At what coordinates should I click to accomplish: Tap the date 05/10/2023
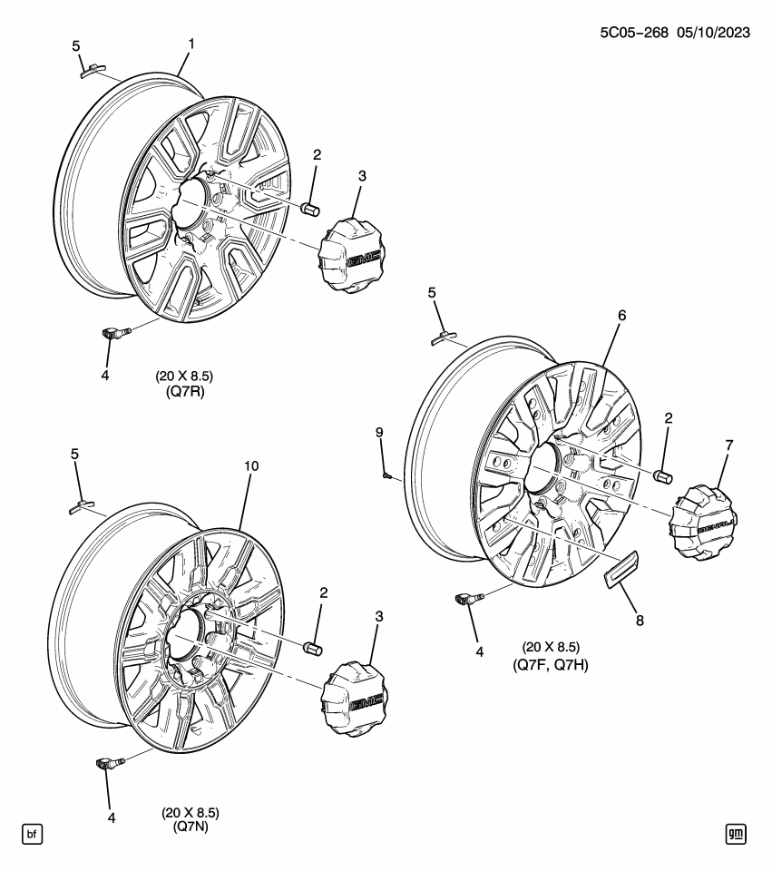click(716, 34)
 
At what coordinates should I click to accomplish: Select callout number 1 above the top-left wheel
click(191, 43)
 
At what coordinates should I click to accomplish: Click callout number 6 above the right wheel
click(622, 315)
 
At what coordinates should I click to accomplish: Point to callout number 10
click(252, 465)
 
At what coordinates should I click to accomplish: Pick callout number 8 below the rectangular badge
click(640, 621)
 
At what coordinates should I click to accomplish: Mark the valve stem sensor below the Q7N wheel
click(105, 767)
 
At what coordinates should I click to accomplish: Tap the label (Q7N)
click(191, 826)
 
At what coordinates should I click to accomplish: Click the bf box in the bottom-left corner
click(32, 833)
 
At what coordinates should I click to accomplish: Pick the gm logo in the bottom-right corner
click(736, 833)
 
